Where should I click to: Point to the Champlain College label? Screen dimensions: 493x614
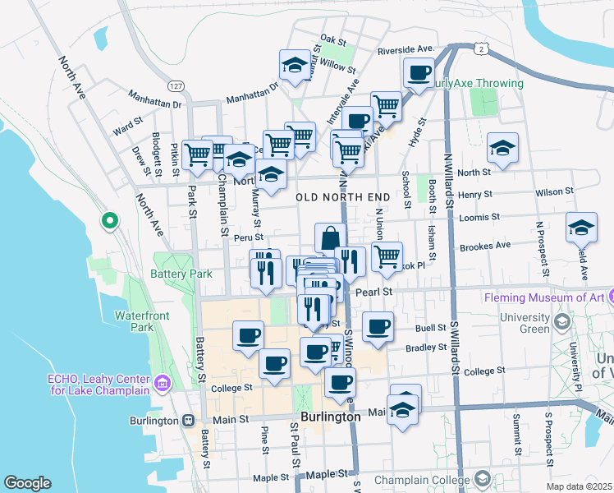click(421, 478)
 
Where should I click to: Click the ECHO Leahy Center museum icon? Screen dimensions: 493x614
click(162, 382)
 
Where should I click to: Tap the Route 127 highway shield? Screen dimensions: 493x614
click(176, 86)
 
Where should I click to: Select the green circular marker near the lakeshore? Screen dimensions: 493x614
click(108, 220)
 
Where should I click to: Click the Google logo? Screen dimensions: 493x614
click(27, 482)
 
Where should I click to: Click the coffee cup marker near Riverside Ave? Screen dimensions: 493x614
click(419, 72)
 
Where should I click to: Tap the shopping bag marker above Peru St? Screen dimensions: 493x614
click(329, 238)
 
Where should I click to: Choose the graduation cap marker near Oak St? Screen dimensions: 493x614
click(293, 64)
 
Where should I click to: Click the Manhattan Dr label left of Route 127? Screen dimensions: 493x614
click(153, 104)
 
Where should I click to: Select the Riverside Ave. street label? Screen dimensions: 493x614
click(406, 50)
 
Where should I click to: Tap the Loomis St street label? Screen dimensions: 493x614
click(483, 217)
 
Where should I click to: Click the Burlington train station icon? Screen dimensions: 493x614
click(189, 421)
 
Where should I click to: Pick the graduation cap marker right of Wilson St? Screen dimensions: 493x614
click(581, 227)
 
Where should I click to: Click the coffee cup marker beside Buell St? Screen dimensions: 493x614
click(378, 326)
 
